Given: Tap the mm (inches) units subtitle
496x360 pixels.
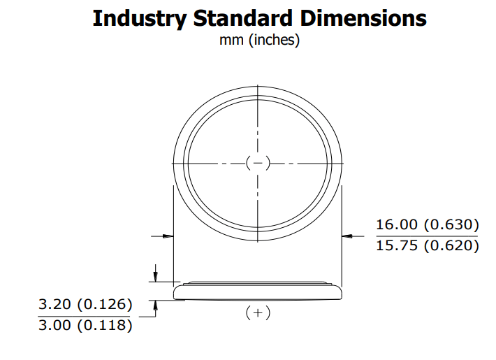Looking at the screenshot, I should click(x=259, y=41).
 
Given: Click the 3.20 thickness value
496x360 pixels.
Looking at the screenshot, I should click(x=54, y=305).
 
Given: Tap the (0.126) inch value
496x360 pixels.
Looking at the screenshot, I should click(x=105, y=305).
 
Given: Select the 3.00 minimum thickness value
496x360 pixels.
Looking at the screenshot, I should click(x=54, y=326).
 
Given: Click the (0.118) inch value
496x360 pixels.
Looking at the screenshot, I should click(x=105, y=326).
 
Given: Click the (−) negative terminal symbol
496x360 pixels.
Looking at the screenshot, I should click(x=258, y=163).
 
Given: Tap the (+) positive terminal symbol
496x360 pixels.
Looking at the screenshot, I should click(x=258, y=313).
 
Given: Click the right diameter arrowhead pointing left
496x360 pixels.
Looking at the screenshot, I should click(x=347, y=236).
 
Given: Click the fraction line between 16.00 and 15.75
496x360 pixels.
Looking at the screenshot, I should click(x=426, y=236).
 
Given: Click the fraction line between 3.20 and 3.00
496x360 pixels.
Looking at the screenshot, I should click(x=84, y=315).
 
